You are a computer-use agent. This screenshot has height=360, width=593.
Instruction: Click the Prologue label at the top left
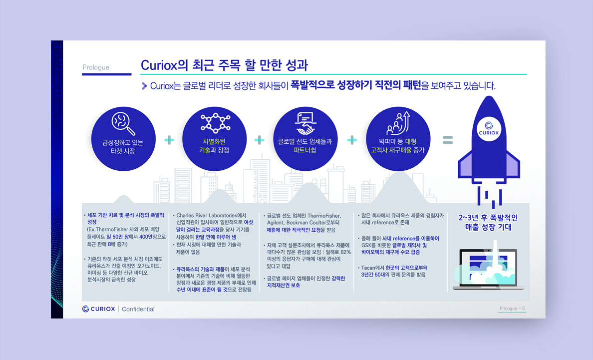pos(96,67)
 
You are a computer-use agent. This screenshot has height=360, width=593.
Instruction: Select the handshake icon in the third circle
pos(305,123)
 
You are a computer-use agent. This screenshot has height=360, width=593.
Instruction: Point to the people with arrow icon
pos(398,123)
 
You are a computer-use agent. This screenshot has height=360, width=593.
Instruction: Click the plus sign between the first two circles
pos(169,140)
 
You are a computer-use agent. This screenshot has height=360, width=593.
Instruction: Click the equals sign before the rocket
pos(448,140)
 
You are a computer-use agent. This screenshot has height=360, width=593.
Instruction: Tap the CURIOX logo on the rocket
pos(489,129)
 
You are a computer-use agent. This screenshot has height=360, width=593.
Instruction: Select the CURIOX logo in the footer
pos(99,309)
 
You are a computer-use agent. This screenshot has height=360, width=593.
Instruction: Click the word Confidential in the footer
pos(138,309)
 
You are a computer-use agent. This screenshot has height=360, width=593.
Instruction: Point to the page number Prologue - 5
pos(512,308)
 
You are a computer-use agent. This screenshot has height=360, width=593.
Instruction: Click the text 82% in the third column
pos(345,252)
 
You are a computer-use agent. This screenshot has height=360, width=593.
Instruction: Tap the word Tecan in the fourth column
pos(367,268)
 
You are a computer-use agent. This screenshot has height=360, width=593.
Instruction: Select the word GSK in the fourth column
pos(366,245)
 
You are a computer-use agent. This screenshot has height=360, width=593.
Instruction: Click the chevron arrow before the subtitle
pos(144,86)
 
